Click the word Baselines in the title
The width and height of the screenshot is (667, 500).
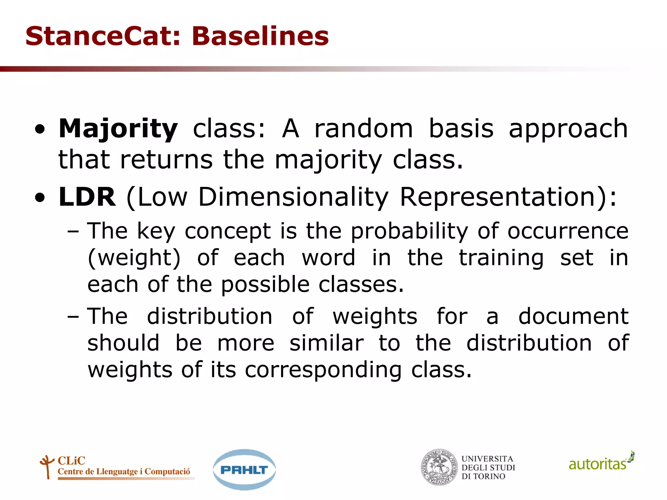click(260, 36)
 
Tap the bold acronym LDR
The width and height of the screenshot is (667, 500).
click(87, 197)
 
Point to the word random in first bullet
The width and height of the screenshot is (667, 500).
click(363, 129)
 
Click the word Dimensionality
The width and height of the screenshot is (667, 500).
click(293, 197)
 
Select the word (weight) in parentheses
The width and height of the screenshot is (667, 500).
click(134, 258)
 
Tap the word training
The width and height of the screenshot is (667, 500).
click(501, 258)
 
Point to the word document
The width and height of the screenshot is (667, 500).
click(573, 316)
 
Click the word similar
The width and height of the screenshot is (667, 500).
click(326, 343)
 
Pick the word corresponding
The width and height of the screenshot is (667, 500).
click(323, 370)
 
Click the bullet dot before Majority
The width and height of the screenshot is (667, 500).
click(40, 130)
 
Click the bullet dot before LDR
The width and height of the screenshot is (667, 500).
click(40, 198)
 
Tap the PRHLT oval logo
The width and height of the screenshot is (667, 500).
click(244, 470)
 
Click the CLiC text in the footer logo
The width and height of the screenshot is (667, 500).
click(71, 461)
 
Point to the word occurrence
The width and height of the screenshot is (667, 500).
click(568, 231)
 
